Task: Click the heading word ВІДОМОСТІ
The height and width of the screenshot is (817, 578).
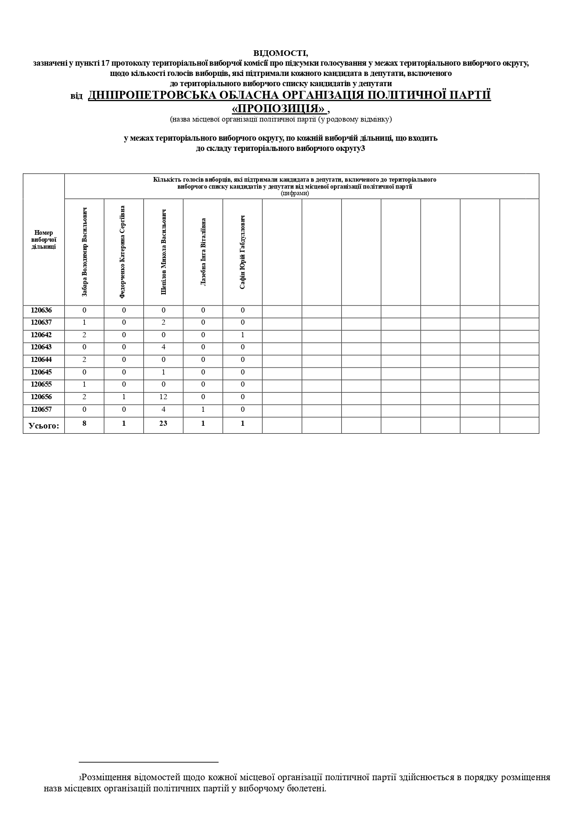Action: click(280, 54)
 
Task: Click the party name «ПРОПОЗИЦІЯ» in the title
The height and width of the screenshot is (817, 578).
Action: click(279, 109)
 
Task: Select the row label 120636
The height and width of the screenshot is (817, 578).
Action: click(41, 311)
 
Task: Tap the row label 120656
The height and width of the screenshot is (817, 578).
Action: click(41, 397)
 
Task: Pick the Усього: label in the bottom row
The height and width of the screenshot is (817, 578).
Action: click(44, 425)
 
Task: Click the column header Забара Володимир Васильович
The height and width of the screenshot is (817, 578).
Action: click(84, 252)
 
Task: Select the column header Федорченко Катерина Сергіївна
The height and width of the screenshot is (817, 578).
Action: click(123, 252)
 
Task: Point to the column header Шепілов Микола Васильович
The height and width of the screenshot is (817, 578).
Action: click(163, 252)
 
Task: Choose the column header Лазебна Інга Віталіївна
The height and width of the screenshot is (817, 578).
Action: click(203, 252)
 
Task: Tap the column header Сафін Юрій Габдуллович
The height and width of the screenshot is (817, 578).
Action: click(242, 252)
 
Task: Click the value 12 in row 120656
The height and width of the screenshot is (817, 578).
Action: click(163, 397)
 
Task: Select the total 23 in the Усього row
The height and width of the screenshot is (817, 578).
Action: click(163, 423)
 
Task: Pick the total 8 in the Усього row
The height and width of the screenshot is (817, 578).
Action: click(84, 423)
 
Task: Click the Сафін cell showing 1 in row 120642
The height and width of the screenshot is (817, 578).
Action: click(243, 335)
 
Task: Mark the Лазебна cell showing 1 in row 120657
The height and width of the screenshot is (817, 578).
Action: click(203, 410)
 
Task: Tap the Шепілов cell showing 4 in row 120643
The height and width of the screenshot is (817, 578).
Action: click(163, 347)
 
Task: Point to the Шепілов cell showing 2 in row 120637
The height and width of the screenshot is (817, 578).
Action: click(163, 323)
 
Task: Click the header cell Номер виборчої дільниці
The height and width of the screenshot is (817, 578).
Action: click(44, 240)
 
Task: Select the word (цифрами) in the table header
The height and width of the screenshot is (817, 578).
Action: click(295, 194)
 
